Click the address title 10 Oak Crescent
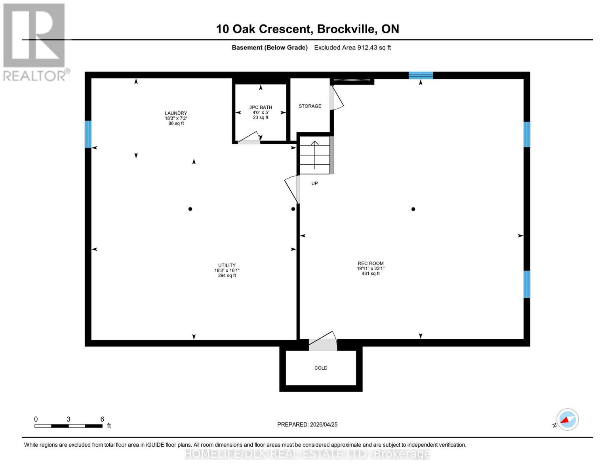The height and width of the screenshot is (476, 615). coord(307,29)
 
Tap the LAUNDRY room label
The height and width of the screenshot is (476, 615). coord(176,113)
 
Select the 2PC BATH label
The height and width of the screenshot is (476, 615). coord(261,107)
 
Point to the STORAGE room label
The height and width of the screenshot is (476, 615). coord(310,106)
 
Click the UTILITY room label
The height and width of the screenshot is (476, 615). coord(227,265)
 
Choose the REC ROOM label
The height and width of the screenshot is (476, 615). coord(370,263)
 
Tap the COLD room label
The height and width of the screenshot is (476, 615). coord(321,368)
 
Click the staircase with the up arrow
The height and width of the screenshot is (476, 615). coord(314,155)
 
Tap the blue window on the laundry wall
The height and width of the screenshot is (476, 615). coord(88,134)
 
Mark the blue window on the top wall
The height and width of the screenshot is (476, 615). coord(421,75)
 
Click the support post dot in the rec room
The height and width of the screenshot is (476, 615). coord(413,209)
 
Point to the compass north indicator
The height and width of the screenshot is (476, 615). coord(567,420)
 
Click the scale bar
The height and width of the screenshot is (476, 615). coord(69,426)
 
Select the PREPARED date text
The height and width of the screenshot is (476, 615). coord(307,424)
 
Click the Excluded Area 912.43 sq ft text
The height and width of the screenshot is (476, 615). coord(352,48)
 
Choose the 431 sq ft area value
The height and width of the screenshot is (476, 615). coord(370,274)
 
